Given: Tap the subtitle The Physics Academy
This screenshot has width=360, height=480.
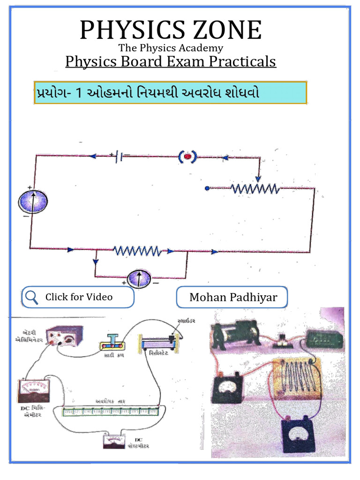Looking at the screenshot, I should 171,48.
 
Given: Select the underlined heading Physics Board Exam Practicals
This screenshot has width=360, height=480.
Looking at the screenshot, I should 171,61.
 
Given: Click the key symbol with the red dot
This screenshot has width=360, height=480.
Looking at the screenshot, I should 187,156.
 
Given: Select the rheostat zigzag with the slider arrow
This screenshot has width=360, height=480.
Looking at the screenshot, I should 255,188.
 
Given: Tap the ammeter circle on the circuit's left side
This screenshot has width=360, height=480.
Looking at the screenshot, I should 33,202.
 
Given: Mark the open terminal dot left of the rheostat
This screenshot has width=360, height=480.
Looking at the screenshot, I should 207,188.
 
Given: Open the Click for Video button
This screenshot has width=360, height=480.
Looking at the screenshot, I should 78,297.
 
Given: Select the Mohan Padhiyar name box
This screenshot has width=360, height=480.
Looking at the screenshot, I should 232,297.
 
